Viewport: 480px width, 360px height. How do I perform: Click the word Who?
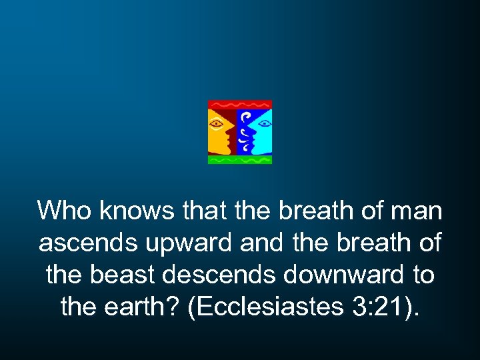(x=65, y=211)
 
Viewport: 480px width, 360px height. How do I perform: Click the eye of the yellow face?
(x=216, y=124)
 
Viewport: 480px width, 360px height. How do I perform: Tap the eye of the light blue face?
(x=263, y=123)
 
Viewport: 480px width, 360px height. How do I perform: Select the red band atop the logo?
(x=239, y=105)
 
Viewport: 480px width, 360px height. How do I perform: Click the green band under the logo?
(x=239, y=160)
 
